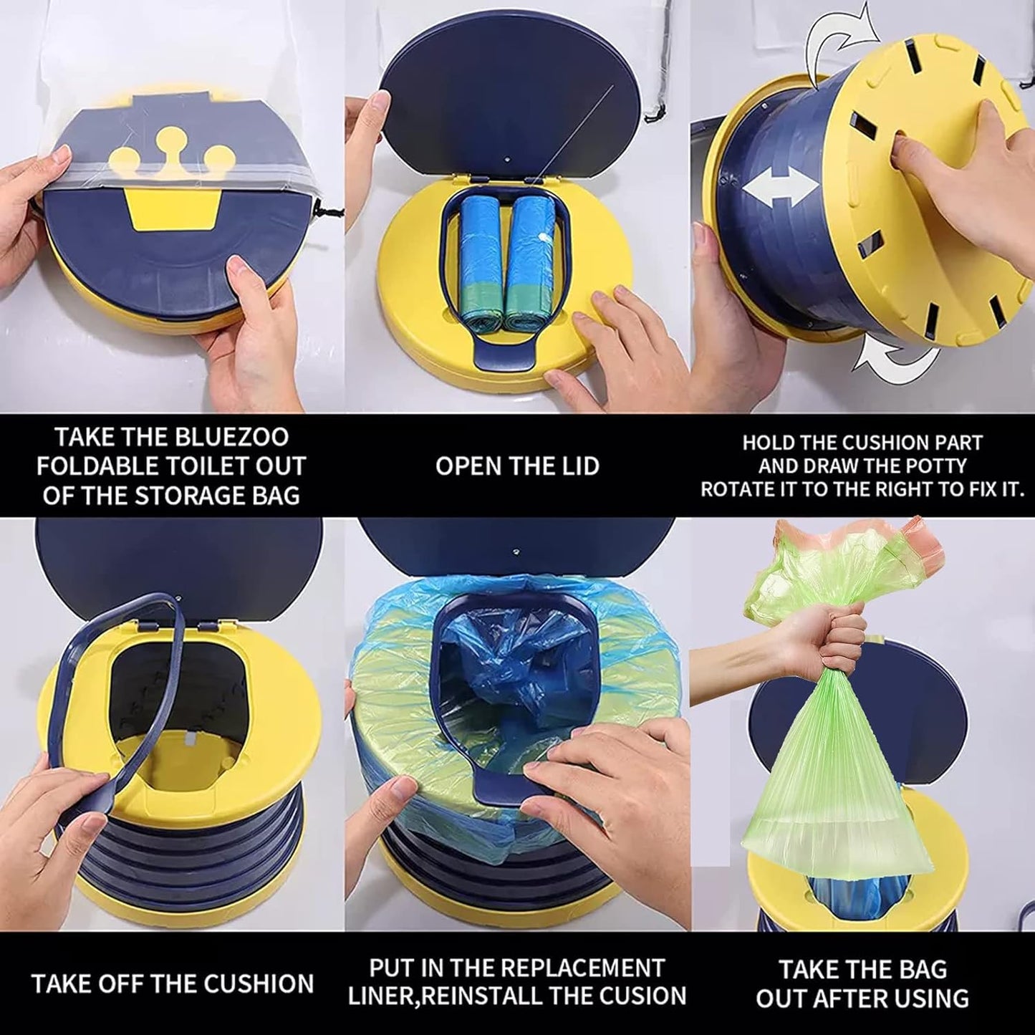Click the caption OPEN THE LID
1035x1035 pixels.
click(517, 466)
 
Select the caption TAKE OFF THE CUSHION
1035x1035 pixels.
click(172, 983)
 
